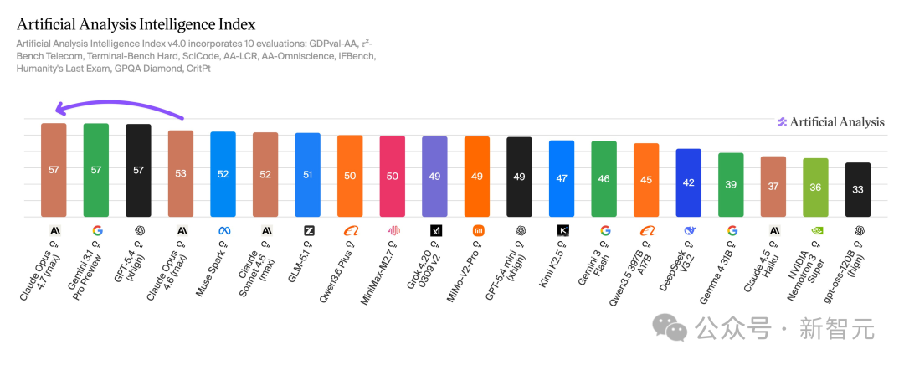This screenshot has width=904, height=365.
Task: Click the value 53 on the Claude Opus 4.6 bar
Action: (181, 173)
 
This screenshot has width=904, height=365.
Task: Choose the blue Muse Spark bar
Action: (223, 174)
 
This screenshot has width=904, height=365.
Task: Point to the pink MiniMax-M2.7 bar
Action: (393, 177)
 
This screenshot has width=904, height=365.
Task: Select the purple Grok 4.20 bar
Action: (434, 177)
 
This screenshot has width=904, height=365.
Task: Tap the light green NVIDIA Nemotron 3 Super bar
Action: (816, 188)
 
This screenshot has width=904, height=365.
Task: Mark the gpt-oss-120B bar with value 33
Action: (858, 190)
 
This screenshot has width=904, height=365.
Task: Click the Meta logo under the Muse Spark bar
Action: (223, 230)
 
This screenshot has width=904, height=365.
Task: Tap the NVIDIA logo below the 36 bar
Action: (816, 230)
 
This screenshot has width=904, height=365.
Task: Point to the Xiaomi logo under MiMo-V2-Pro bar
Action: (477, 230)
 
